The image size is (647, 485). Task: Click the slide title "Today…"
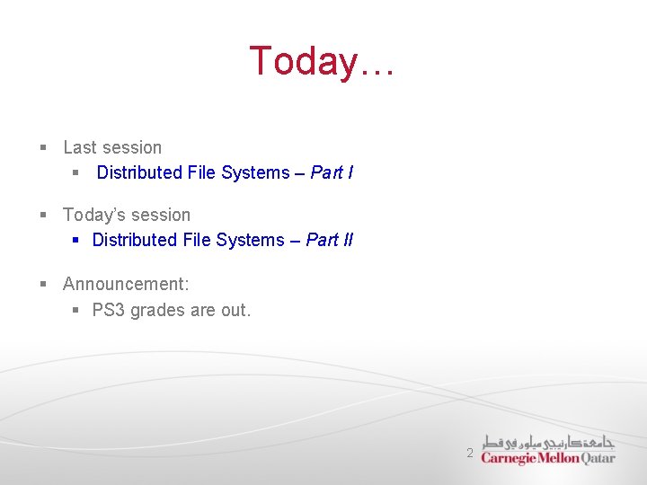coord(322,62)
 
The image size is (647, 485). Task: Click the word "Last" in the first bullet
coord(80,147)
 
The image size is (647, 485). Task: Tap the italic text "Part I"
coord(332,172)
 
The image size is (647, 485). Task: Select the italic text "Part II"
coord(329,240)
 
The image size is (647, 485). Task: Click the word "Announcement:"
coord(126,285)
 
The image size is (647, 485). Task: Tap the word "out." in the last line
coord(236,311)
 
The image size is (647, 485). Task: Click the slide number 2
coord(469,454)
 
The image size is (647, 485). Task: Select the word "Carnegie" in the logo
coord(509,458)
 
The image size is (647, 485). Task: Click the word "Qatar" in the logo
coord(598,457)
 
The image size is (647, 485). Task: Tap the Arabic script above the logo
coord(548,442)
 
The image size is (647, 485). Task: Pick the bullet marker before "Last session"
coord(42,148)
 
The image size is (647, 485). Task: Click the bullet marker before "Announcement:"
coord(42,285)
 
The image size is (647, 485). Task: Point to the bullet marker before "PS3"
coord(76,311)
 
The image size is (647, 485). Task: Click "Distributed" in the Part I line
coord(139,172)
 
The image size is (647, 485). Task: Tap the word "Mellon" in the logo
coord(559,458)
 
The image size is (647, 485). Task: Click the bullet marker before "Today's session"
coord(42,216)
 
